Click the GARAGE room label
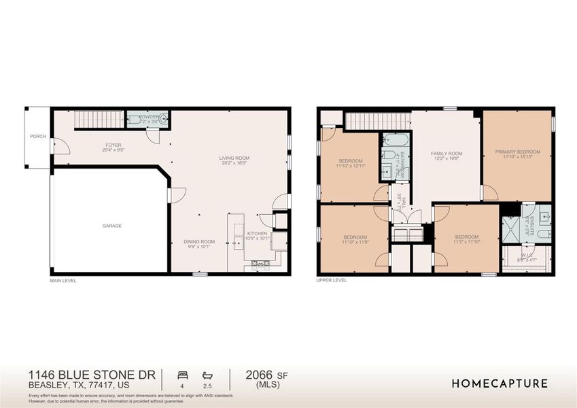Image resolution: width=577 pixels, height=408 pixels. [112, 226]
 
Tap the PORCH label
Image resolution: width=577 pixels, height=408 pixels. [38, 136]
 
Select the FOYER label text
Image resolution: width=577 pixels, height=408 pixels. [113, 145]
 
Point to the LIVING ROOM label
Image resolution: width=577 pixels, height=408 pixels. [232, 159]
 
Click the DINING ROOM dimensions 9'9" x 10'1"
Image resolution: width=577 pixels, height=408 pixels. [200, 247]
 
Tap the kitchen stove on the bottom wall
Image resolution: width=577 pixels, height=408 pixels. [261, 263]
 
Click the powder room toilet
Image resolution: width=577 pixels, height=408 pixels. [160, 120]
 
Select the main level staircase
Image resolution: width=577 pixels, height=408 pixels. [98, 120]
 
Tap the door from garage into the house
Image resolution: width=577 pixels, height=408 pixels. [170, 194]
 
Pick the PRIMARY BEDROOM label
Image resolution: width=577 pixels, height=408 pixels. [517, 152]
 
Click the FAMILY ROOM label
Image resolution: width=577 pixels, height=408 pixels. [447, 154]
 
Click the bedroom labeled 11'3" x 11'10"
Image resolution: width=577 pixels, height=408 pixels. [467, 241]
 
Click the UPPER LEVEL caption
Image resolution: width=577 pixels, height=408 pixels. [332, 280]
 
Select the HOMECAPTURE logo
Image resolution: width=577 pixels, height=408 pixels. [500, 384]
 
